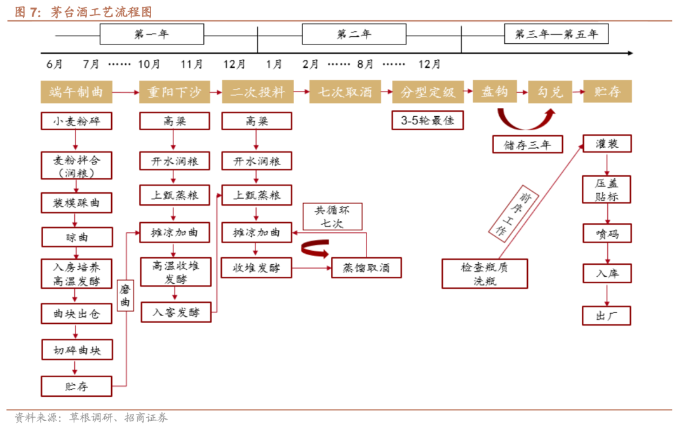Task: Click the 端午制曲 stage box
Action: pos(76,92)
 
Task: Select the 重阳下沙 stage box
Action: pos(174,92)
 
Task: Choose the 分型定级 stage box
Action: pos(427,92)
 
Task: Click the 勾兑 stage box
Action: pos(550,92)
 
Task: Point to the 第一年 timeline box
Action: pos(152,34)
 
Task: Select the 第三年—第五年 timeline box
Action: pos(556,34)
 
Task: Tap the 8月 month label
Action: pos(365,64)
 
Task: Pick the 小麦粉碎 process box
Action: pos(77,121)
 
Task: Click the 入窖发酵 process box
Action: pos(175,312)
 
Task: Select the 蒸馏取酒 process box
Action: pos(367,268)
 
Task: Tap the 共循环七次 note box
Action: pos(332,216)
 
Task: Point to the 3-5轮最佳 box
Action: pos(427,121)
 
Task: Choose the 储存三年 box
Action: pos(527,145)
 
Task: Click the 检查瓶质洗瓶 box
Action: pos(485,274)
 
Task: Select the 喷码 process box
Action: pos(607,233)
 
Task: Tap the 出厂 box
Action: pos(607,316)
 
